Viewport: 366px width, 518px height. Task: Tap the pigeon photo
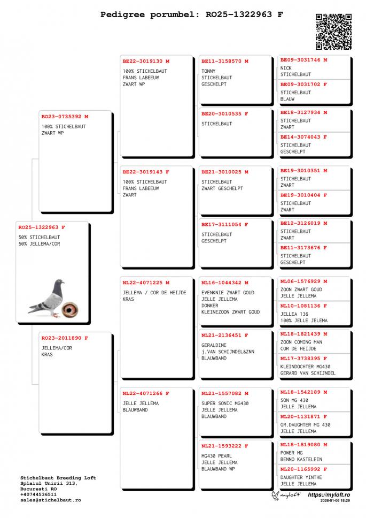pos(47,298)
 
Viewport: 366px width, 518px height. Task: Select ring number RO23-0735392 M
pos(65,116)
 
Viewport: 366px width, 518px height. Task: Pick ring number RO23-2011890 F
pos(65,338)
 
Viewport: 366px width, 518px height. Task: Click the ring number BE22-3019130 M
pos(146,62)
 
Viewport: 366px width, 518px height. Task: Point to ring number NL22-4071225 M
pos(146,283)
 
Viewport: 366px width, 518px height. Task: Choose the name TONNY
pos(208,71)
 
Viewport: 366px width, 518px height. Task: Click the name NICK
pos(286,68)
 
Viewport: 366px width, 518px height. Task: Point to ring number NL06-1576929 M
pos(303,281)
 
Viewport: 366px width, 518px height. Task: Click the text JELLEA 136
pos(294,314)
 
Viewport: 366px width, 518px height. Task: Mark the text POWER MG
pos(291,453)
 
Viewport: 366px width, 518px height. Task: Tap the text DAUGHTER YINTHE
pos(301,477)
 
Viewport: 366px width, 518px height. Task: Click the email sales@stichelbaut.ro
pos(50,500)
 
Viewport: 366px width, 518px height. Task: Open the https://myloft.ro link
pos(329,495)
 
